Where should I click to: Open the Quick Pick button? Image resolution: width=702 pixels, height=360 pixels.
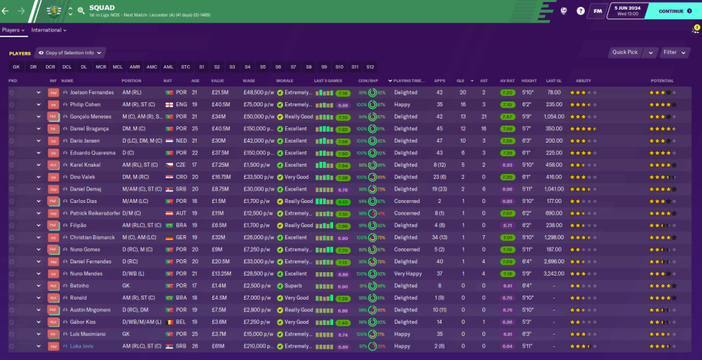[625, 52]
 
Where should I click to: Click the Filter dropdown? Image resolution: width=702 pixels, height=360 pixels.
[675, 52]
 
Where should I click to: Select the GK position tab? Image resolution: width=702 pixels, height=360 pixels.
[16, 67]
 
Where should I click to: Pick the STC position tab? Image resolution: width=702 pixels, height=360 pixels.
[186, 67]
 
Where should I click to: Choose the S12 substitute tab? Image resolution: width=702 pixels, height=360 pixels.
[370, 67]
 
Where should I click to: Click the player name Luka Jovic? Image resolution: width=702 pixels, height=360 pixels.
[82, 346]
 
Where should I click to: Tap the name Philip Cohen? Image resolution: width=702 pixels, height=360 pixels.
[86, 105]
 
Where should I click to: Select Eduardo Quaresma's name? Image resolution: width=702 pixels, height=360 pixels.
[91, 153]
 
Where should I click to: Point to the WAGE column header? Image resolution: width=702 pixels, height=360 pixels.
[249, 81]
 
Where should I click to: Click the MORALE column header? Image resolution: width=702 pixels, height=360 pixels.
[285, 81]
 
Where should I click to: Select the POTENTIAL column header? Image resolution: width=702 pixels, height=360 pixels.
[662, 81]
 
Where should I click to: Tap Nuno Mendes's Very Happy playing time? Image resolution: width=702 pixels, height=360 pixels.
[408, 274]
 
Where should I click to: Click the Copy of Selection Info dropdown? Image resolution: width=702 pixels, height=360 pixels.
[70, 52]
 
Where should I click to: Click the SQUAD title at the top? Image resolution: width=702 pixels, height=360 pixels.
[97, 8]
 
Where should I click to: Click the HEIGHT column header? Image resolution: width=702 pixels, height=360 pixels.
[529, 81]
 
